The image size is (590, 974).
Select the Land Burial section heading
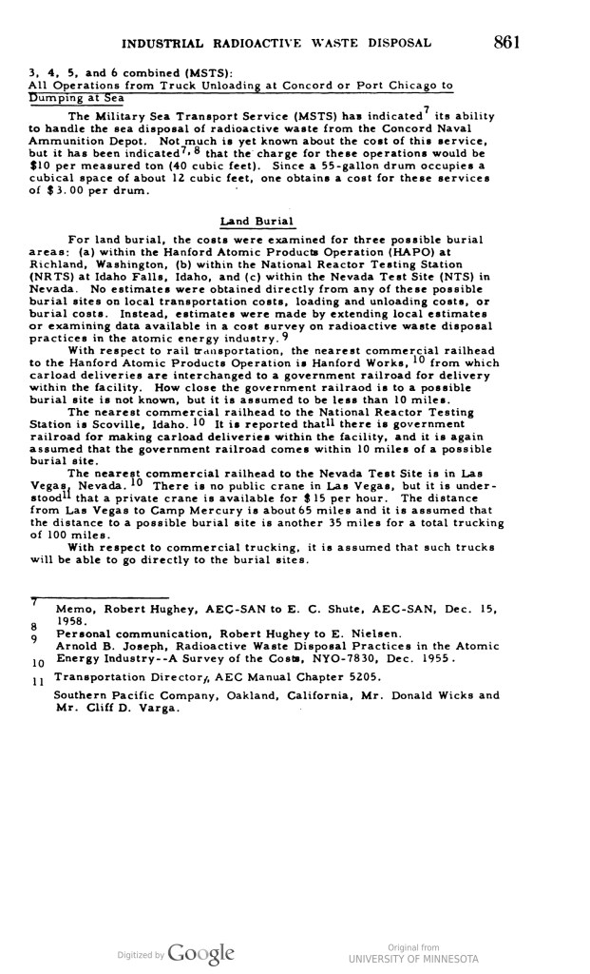click(x=252, y=222)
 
